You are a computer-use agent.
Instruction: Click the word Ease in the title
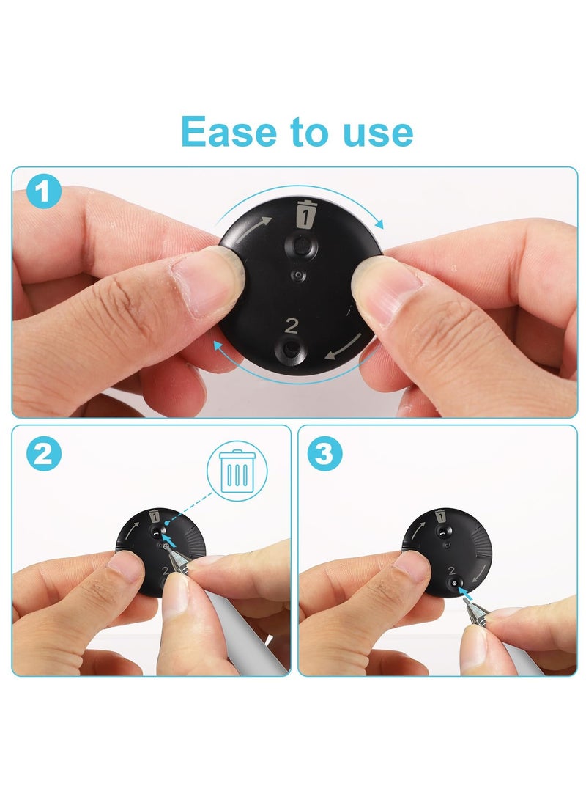tap(223, 133)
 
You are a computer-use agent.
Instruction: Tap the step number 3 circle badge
tap(325, 455)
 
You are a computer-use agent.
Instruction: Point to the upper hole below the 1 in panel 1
tap(302, 247)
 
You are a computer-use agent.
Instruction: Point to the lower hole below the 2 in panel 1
tap(293, 350)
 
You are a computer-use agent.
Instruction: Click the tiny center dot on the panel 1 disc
tap(297, 274)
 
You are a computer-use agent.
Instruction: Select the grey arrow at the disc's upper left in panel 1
tap(258, 224)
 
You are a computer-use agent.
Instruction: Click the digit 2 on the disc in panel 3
tap(451, 570)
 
